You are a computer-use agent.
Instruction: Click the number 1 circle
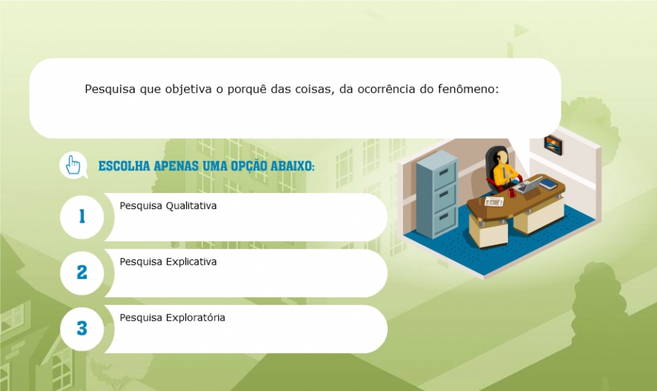point(82,217)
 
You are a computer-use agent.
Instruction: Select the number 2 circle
point(82,273)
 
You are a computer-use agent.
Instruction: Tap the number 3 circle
point(82,328)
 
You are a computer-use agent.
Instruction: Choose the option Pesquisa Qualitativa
point(168,205)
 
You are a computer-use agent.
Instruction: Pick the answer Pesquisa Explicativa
point(168,262)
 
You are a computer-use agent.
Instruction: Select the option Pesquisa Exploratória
point(172,318)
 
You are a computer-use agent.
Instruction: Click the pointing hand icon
point(73,165)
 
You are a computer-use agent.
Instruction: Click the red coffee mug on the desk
point(512,193)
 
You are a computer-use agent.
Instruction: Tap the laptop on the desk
point(530,185)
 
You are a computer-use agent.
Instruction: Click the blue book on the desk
point(549,183)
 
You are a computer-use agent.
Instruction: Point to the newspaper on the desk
point(494,202)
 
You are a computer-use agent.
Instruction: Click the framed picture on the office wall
point(553,145)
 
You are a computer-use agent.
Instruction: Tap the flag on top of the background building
point(520,30)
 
